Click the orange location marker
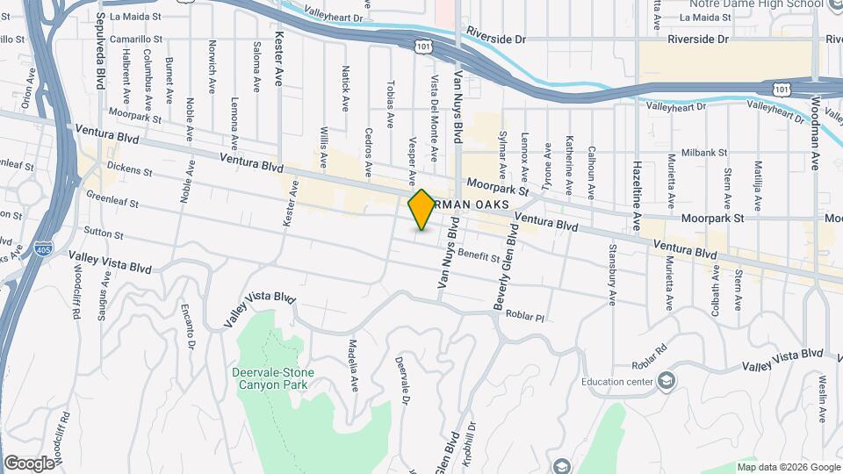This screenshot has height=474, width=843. tap(421, 210)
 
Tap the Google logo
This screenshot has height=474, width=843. tap(30, 463)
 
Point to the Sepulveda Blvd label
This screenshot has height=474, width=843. tap(101, 42)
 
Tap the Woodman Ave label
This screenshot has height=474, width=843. tap(814, 132)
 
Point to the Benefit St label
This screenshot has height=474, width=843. tap(478, 255)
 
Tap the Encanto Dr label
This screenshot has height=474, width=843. tap(187, 323)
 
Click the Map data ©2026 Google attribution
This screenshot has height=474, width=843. tap(788, 466)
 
